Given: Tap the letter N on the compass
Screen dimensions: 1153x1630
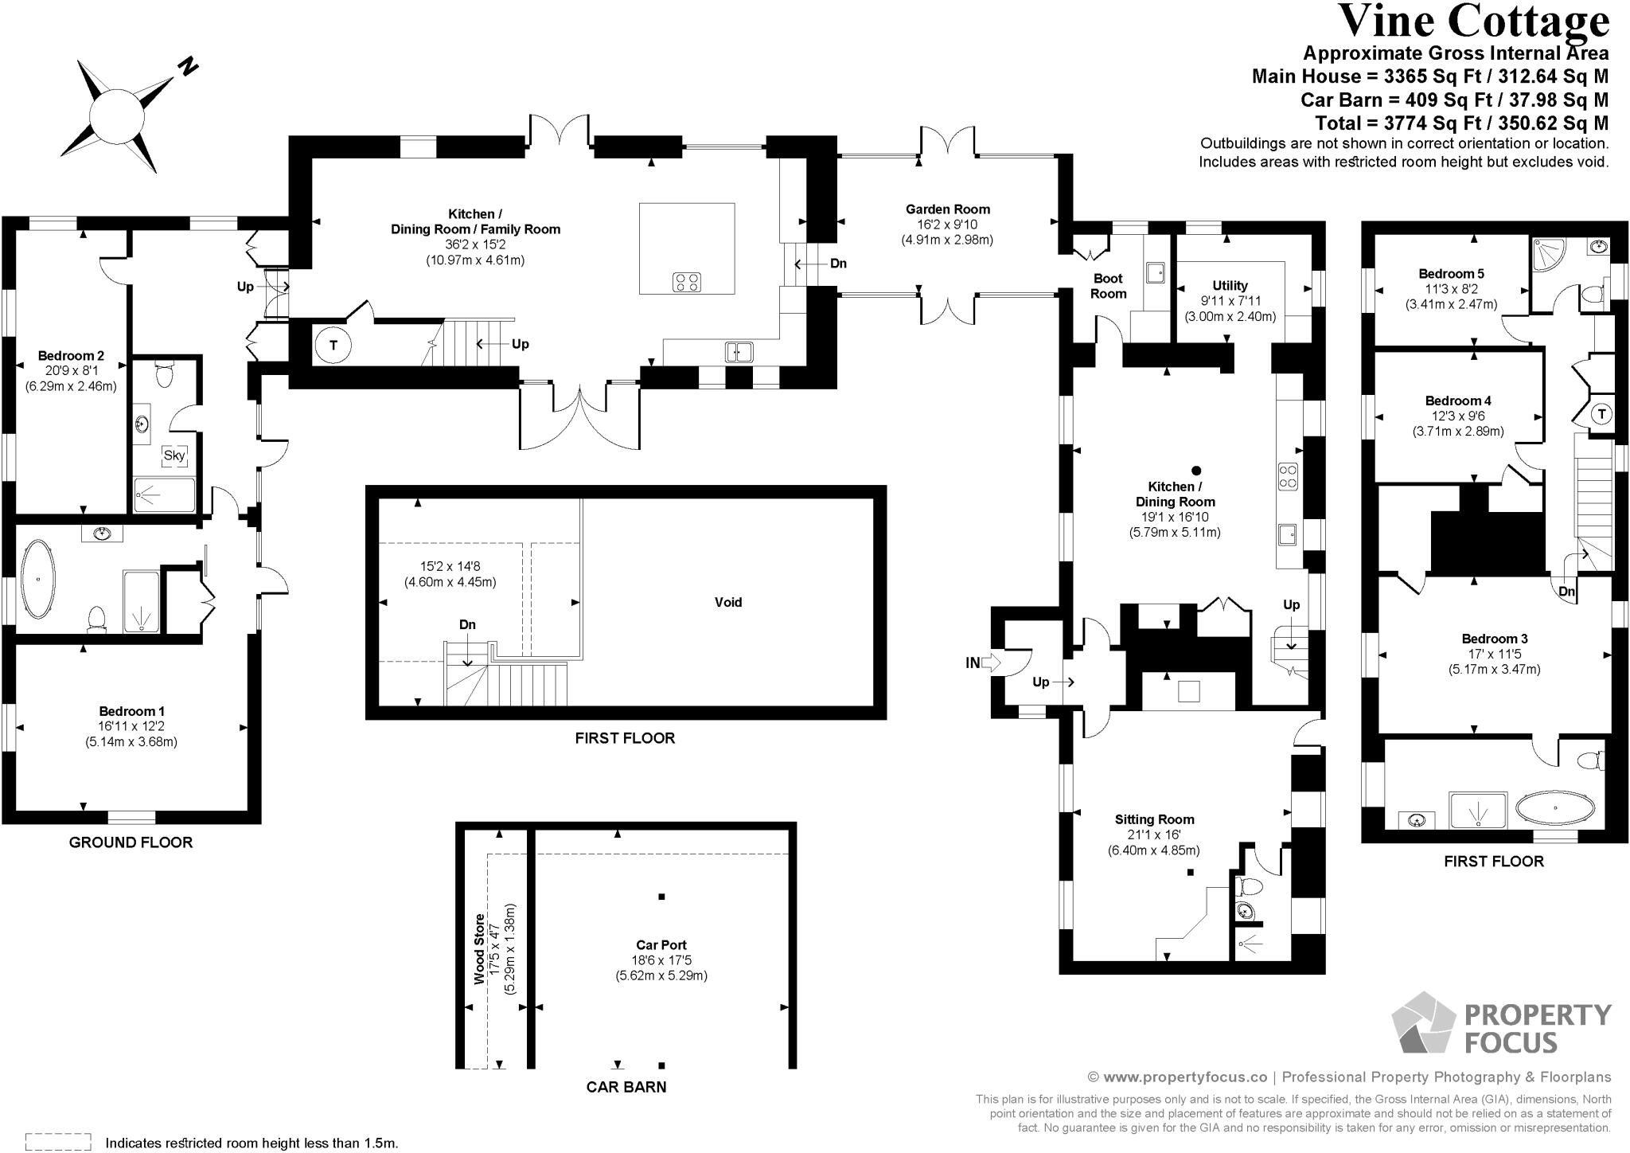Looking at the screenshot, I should point(188,67).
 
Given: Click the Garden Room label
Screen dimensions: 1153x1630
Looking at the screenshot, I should point(947,209).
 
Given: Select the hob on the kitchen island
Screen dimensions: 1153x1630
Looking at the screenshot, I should point(687,282).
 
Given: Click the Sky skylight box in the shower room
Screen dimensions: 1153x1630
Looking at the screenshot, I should point(174,455).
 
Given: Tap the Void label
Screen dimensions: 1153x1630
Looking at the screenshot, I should point(727,603).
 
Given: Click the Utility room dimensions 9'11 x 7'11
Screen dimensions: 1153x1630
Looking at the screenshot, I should point(1230,301).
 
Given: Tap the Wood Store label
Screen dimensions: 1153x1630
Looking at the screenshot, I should point(479,949).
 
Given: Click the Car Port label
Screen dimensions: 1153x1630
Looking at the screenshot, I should point(661,945).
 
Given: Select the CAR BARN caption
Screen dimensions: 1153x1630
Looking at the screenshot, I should point(626,1087).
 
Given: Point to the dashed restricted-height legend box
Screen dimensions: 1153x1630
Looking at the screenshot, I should point(58,1142).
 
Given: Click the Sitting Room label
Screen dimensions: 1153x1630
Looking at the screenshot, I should point(1154,819).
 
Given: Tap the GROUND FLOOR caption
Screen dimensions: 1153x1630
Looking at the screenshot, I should point(131,842).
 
